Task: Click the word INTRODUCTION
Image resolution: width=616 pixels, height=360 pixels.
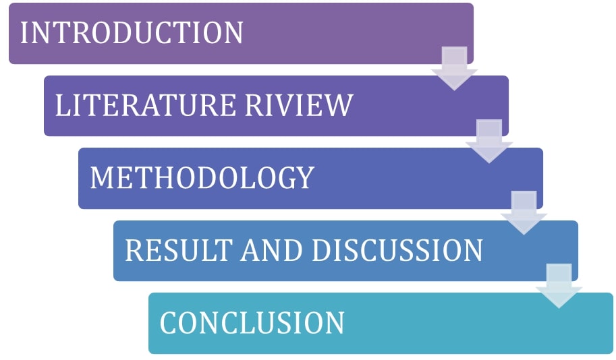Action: coord(132,33)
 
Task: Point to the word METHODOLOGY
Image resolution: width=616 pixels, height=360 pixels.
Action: coord(202,178)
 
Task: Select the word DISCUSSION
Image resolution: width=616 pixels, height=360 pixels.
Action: coord(397,251)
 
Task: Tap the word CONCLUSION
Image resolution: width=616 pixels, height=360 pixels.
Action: coord(252,323)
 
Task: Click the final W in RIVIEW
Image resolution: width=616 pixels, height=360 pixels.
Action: coord(339,106)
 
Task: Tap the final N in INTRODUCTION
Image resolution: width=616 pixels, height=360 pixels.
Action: coord(233,33)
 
